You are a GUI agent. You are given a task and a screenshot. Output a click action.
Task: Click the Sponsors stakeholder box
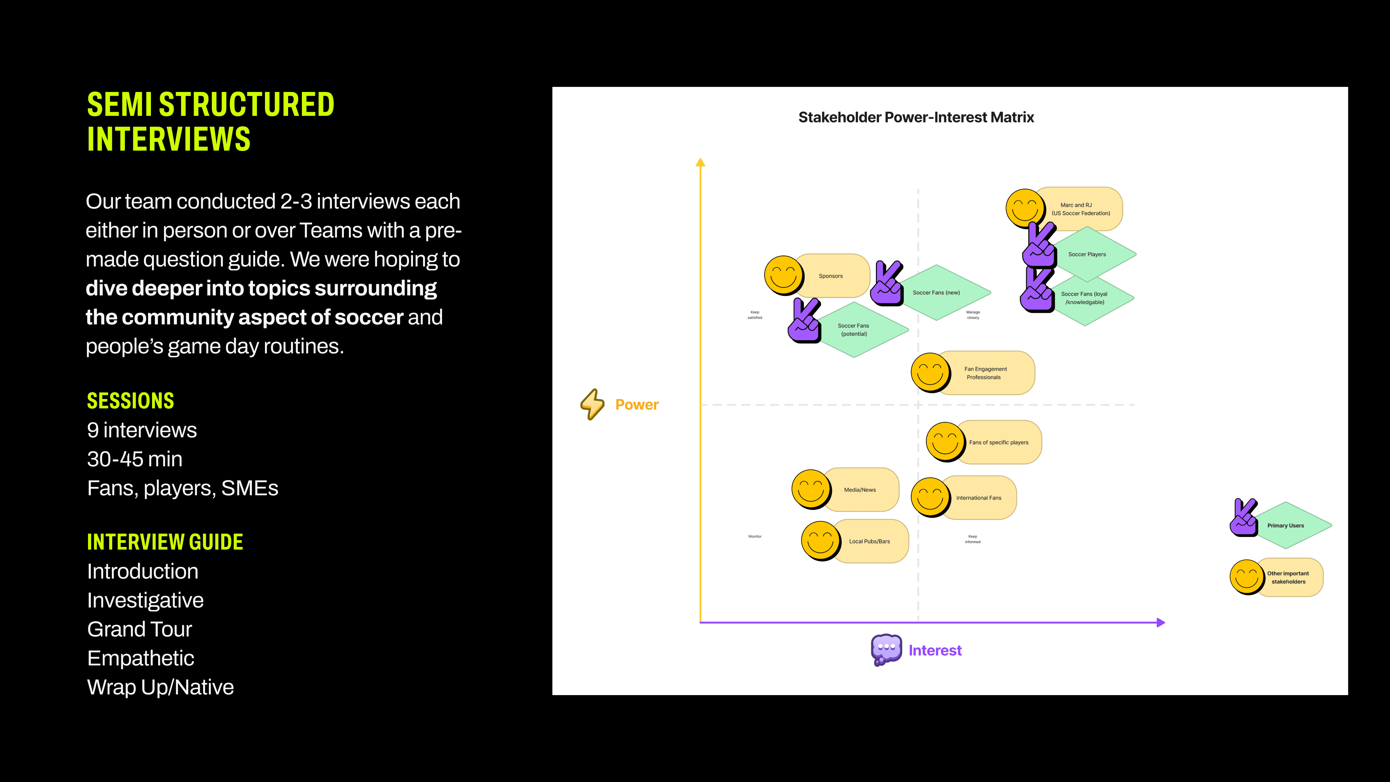click(831, 276)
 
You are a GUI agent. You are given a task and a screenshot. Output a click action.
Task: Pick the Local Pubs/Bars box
click(869, 541)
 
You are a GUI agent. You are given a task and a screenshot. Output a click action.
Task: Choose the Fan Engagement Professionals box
click(985, 373)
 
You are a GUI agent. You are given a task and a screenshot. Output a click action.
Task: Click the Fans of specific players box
click(998, 442)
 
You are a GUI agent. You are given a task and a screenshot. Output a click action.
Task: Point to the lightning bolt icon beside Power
click(592, 404)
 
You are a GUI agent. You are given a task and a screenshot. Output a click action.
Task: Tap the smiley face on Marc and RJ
click(1024, 208)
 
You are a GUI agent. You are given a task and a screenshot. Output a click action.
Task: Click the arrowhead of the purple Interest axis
click(1161, 622)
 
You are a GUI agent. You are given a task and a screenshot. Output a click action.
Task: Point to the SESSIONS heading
click(131, 401)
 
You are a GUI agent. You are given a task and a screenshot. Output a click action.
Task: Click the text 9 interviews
click(142, 430)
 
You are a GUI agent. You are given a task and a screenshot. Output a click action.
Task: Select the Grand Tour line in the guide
click(139, 629)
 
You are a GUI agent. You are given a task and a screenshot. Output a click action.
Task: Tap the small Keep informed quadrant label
click(972, 539)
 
